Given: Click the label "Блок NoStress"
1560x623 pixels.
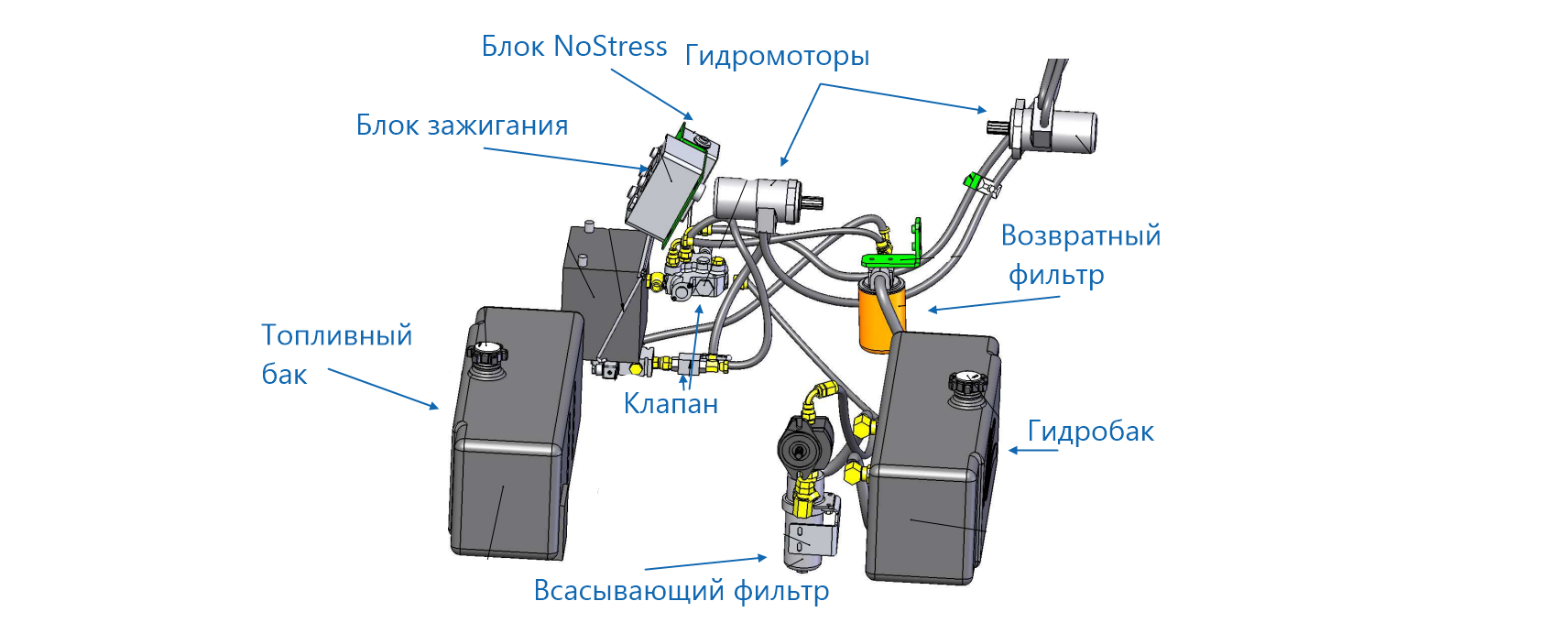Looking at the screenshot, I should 573,47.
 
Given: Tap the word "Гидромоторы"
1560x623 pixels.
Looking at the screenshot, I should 777,57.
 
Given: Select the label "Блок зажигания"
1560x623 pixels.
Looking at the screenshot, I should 462,126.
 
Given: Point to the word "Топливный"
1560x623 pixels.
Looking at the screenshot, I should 336,336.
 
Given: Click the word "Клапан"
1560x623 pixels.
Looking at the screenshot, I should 671,404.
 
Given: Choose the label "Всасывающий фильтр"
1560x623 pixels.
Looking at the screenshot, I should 681,591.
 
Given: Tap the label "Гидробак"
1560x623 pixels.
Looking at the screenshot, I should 1090,432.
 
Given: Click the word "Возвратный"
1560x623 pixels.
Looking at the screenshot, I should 1080,236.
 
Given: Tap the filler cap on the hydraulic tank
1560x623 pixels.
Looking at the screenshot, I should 966,381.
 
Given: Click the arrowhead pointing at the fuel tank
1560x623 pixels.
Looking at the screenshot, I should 435,407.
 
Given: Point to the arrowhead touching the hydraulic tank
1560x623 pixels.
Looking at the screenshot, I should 1013,451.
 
